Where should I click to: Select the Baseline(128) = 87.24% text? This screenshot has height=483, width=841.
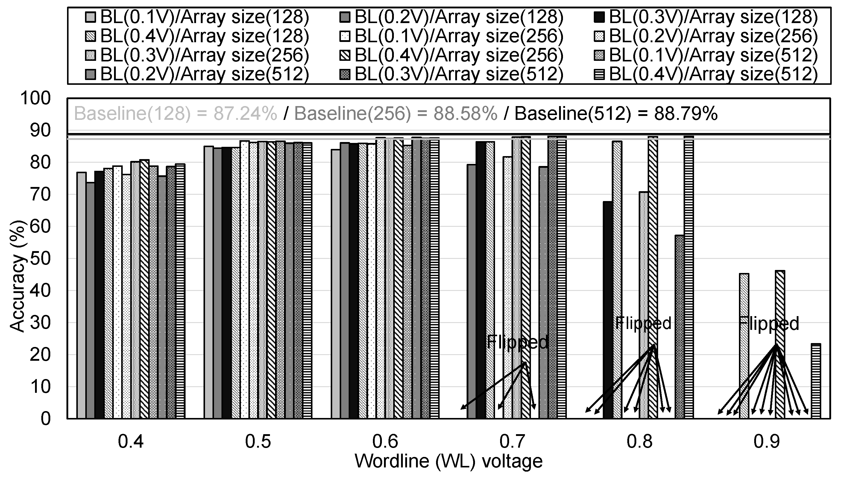pyautogui.click(x=175, y=114)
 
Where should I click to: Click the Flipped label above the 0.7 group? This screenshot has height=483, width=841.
pyautogui.click(x=517, y=342)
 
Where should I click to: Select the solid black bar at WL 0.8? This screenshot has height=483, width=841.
pyautogui.click(x=608, y=310)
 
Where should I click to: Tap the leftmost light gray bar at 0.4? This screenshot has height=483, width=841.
pyautogui.click(x=81, y=295)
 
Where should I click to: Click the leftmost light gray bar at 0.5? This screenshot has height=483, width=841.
pyautogui.click(x=208, y=282)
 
